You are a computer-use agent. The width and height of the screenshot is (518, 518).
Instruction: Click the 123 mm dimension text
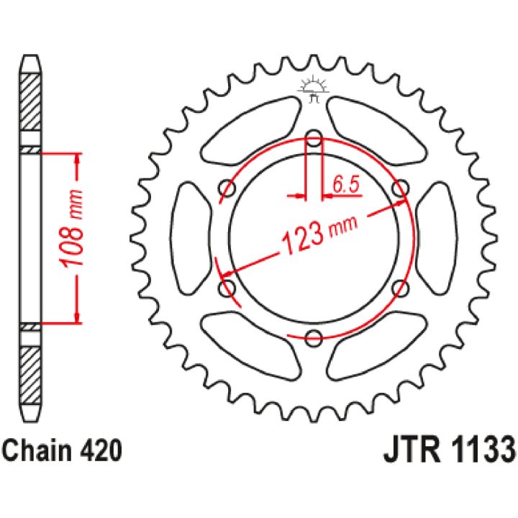point(319,235)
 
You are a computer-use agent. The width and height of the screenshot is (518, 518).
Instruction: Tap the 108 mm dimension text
point(73,228)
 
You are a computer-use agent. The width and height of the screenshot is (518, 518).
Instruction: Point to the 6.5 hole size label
point(345,184)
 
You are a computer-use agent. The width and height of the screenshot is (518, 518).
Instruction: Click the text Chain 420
point(62,450)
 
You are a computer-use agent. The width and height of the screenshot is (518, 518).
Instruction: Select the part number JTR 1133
point(449,450)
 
